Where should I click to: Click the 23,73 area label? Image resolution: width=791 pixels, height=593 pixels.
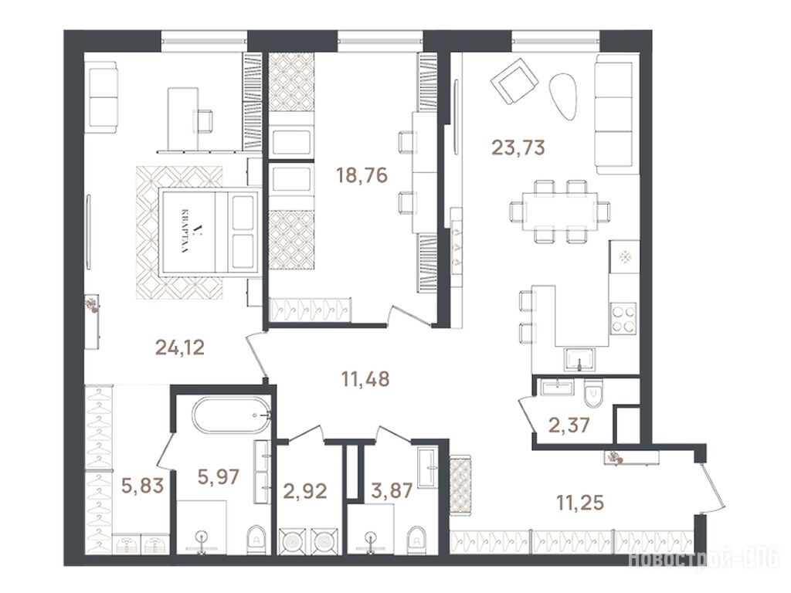(x=518, y=147)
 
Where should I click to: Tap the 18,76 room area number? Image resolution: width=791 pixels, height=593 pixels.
(x=362, y=175)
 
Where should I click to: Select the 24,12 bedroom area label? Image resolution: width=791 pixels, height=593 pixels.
(x=180, y=347)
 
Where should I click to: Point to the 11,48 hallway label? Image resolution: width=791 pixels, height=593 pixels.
(x=365, y=378)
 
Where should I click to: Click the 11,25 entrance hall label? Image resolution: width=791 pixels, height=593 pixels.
(x=580, y=502)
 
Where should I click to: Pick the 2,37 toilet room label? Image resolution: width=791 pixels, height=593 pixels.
(x=569, y=425)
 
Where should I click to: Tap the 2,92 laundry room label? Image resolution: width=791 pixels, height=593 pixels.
(x=306, y=490)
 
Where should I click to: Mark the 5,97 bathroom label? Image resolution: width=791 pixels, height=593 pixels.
(x=218, y=476)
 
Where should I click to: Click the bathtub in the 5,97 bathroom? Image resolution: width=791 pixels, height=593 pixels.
(x=232, y=415)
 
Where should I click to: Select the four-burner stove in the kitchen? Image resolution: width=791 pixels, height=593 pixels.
(x=624, y=318)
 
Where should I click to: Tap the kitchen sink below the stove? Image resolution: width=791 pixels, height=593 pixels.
(x=579, y=360)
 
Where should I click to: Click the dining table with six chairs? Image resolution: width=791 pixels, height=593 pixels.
(x=559, y=211)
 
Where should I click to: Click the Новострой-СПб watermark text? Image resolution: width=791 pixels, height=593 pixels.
(x=704, y=559)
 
